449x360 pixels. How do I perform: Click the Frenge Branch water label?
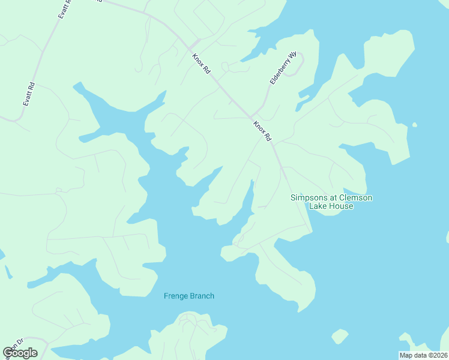[188, 296]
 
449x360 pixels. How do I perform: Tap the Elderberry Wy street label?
[283, 67]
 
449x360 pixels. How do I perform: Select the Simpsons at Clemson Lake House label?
[331, 202]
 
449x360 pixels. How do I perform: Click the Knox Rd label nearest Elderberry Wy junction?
[262, 130]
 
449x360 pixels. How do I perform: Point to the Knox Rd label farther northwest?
[202, 64]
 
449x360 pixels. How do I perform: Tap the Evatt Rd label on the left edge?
[29, 95]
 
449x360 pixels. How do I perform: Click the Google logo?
[20, 353]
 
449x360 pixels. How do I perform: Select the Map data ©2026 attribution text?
[423, 355]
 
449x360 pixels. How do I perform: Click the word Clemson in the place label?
[355, 197]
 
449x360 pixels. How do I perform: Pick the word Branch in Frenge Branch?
[201, 296]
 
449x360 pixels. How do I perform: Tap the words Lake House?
[331, 206]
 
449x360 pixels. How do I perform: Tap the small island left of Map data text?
[340, 336]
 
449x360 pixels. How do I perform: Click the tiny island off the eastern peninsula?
[414, 125]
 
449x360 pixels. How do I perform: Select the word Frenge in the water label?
[175, 296]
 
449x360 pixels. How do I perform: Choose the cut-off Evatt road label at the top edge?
[65, 9]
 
